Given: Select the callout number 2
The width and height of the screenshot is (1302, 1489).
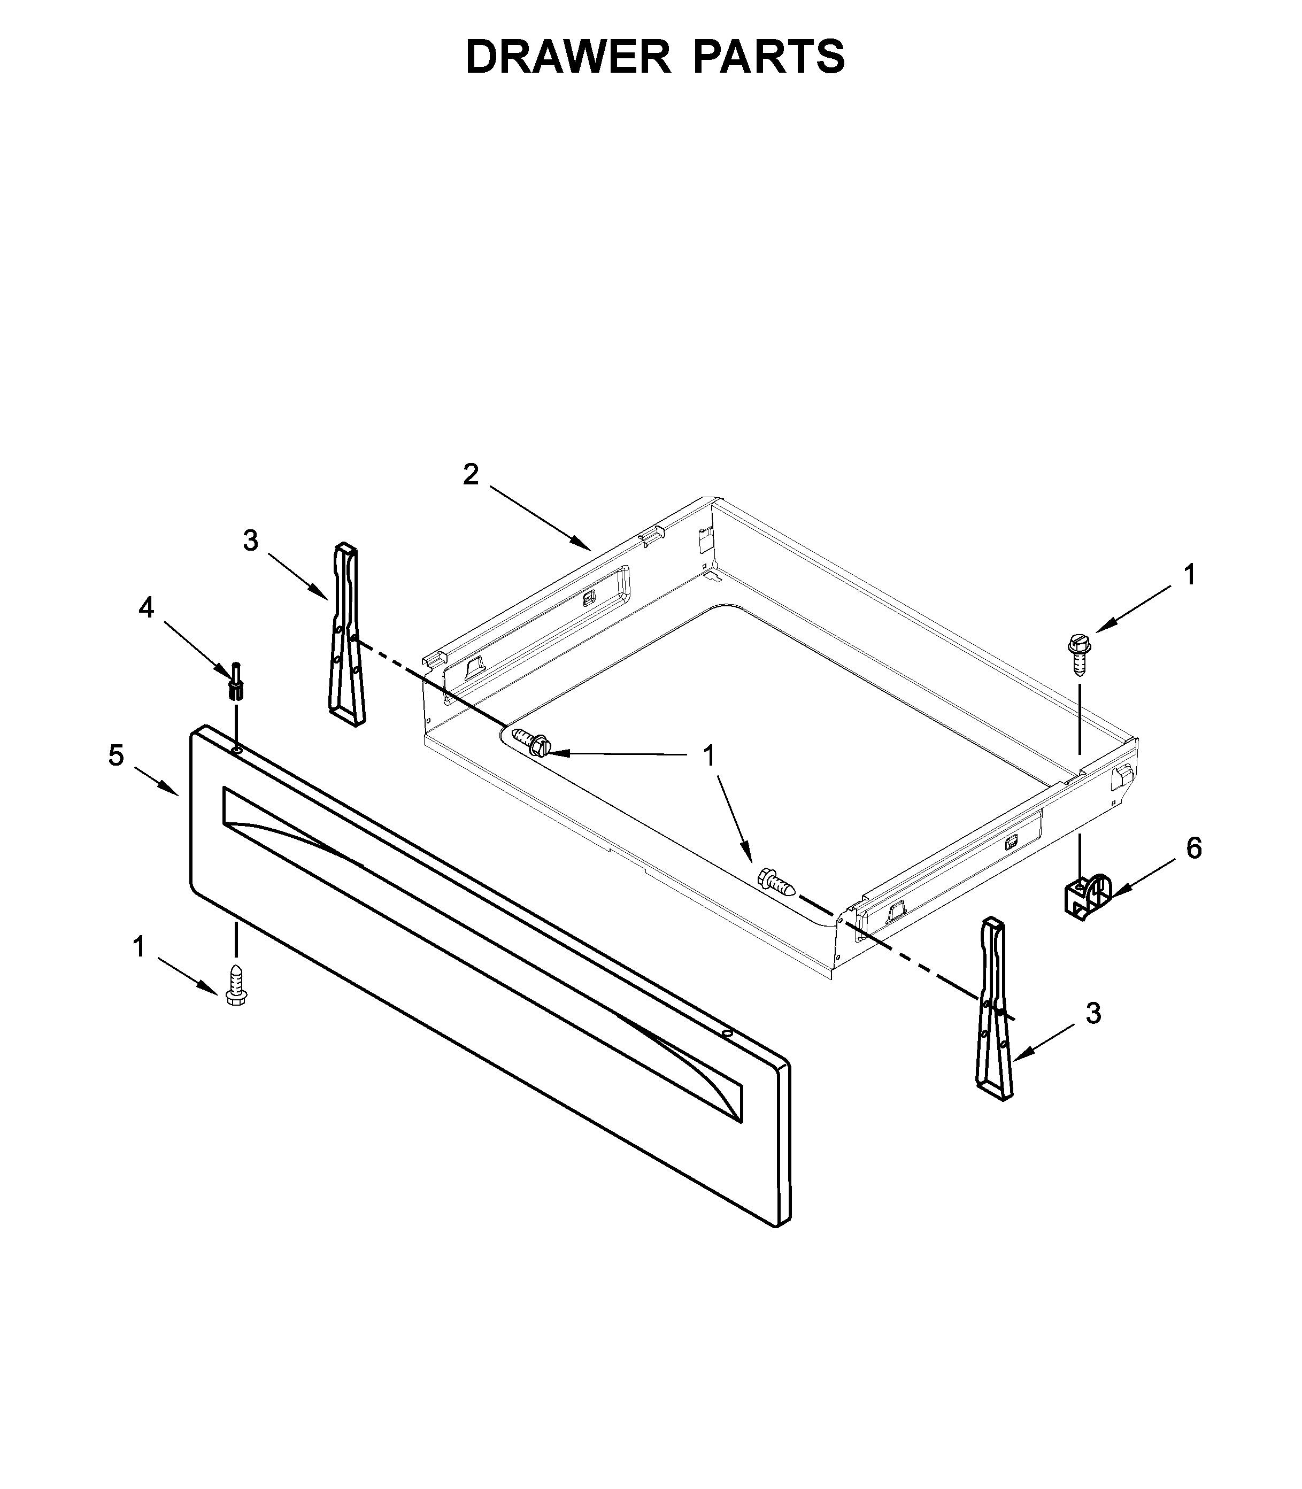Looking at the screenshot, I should pyautogui.click(x=471, y=475).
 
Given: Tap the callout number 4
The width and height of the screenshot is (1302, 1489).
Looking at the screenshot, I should pyautogui.click(x=147, y=608).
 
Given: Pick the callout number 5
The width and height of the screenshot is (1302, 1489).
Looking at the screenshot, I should pyautogui.click(x=116, y=755).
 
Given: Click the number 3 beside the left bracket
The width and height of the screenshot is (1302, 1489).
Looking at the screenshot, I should pyautogui.click(x=251, y=541).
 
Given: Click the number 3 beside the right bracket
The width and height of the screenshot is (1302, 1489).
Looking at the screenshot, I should pyautogui.click(x=1093, y=1013).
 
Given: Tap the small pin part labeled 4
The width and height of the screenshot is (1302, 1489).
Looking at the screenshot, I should pyautogui.click(x=236, y=681).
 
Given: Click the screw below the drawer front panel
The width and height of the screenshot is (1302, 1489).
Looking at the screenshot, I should pyautogui.click(x=236, y=986).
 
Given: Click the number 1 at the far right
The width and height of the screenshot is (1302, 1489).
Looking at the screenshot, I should pyautogui.click(x=1189, y=575).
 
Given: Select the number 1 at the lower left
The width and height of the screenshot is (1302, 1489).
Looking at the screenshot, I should pyautogui.click(x=139, y=947).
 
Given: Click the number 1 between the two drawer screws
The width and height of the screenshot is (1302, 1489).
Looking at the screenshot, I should pyautogui.click(x=709, y=755).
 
